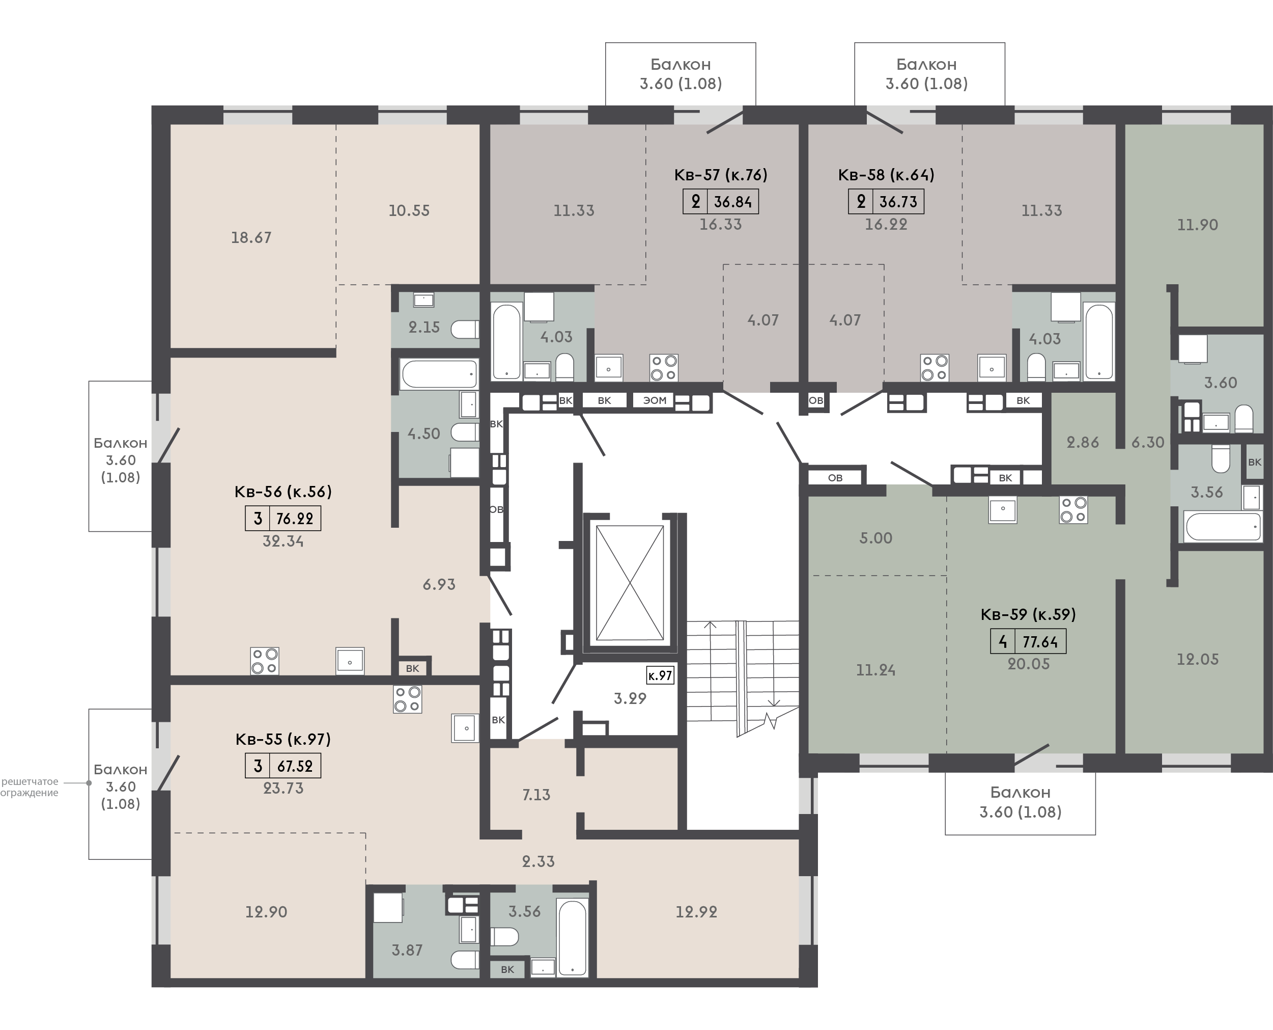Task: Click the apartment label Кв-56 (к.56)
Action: pos(284,492)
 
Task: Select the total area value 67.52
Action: pos(295,766)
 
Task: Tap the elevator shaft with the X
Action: pos(630,583)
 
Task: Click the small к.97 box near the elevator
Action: pos(660,675)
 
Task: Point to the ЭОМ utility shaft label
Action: pos(655,400)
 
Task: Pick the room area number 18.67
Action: pos(251,237)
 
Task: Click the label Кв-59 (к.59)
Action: pos(1028,614)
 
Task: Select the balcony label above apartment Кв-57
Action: pos(681,73)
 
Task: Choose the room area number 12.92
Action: pos(697,911)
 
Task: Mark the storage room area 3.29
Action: pos(630,698)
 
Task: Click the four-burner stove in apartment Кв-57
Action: pos(664,367)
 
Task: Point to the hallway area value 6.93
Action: pos(439,584)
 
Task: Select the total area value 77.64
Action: pos(1040,642)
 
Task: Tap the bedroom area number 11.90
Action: pos(1198,225)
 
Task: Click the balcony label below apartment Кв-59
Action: pos(1021,802)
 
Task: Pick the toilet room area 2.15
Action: pos(424,327)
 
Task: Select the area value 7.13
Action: pos(536,795)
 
